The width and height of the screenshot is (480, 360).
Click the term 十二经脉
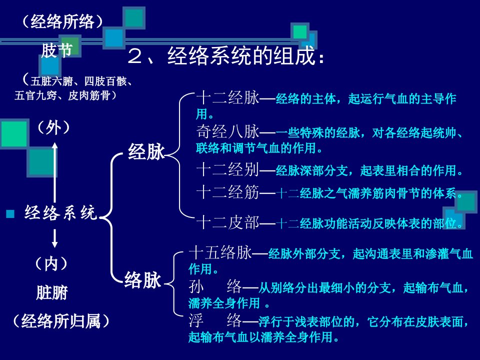click(228, 98)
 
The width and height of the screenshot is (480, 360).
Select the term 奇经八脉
click(228, 132)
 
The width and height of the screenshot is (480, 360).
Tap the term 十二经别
click(228, 170)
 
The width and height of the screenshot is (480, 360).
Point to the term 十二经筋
click(228, 192)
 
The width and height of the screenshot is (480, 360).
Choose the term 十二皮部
click(228, 222)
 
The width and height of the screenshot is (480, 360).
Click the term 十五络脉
click(220, 253)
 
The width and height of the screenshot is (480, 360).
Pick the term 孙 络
click(215, 286)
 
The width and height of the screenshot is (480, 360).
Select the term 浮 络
click(215, 320)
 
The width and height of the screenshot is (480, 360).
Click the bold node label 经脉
click(146, 151)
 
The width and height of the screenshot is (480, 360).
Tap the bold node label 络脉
click(142, 280)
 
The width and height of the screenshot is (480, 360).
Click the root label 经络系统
click(61, 212)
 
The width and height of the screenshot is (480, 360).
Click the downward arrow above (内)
click(54, 238)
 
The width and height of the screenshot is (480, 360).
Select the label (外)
click(53, 127)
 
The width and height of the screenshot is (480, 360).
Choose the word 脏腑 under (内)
click(51, 292)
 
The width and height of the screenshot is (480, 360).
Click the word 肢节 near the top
click(57, 50)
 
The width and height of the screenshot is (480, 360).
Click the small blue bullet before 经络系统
click(10, 213)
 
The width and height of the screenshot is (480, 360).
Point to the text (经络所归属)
click(61, 321)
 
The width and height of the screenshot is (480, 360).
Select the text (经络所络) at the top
click(62, 21)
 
